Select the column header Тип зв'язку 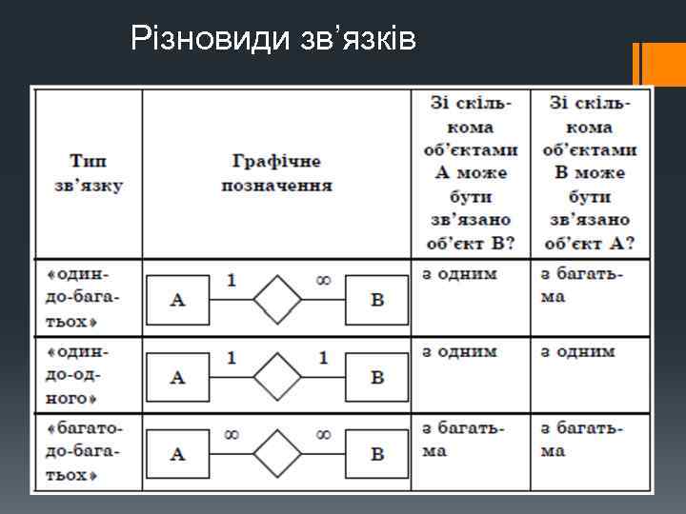pos(88,172)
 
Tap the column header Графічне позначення pos(276,172)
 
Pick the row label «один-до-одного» pos(87,374)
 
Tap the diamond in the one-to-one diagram pos(277,377)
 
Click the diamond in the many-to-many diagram pos(277,453)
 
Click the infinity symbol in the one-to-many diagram pos(323,281)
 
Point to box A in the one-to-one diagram pos(177,377)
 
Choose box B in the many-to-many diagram pos(377,453)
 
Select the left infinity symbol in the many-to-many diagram pos(232,434)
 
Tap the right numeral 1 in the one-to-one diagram pos(323,358)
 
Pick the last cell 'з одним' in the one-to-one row pos(578,351)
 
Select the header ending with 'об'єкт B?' pos(471,172)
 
